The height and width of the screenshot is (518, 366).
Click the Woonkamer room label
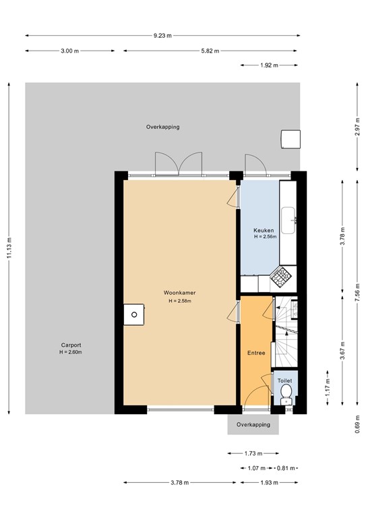point(179,293)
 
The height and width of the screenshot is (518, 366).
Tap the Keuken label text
point(264,230)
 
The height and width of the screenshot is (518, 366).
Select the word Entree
point(256,353)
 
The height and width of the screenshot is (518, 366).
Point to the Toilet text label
point(284,380)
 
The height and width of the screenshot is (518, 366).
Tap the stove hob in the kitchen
point(279,275)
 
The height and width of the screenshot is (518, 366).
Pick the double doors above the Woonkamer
point(179,163)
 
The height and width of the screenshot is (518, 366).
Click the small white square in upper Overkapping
point(291,138)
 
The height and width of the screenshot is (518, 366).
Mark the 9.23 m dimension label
point(162,36)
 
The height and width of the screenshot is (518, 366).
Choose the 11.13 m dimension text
point(9,248)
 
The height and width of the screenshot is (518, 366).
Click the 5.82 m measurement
point(210,51)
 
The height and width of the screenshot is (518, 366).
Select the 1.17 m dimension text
point(327,388)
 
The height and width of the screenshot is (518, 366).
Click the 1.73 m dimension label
point(253,454)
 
